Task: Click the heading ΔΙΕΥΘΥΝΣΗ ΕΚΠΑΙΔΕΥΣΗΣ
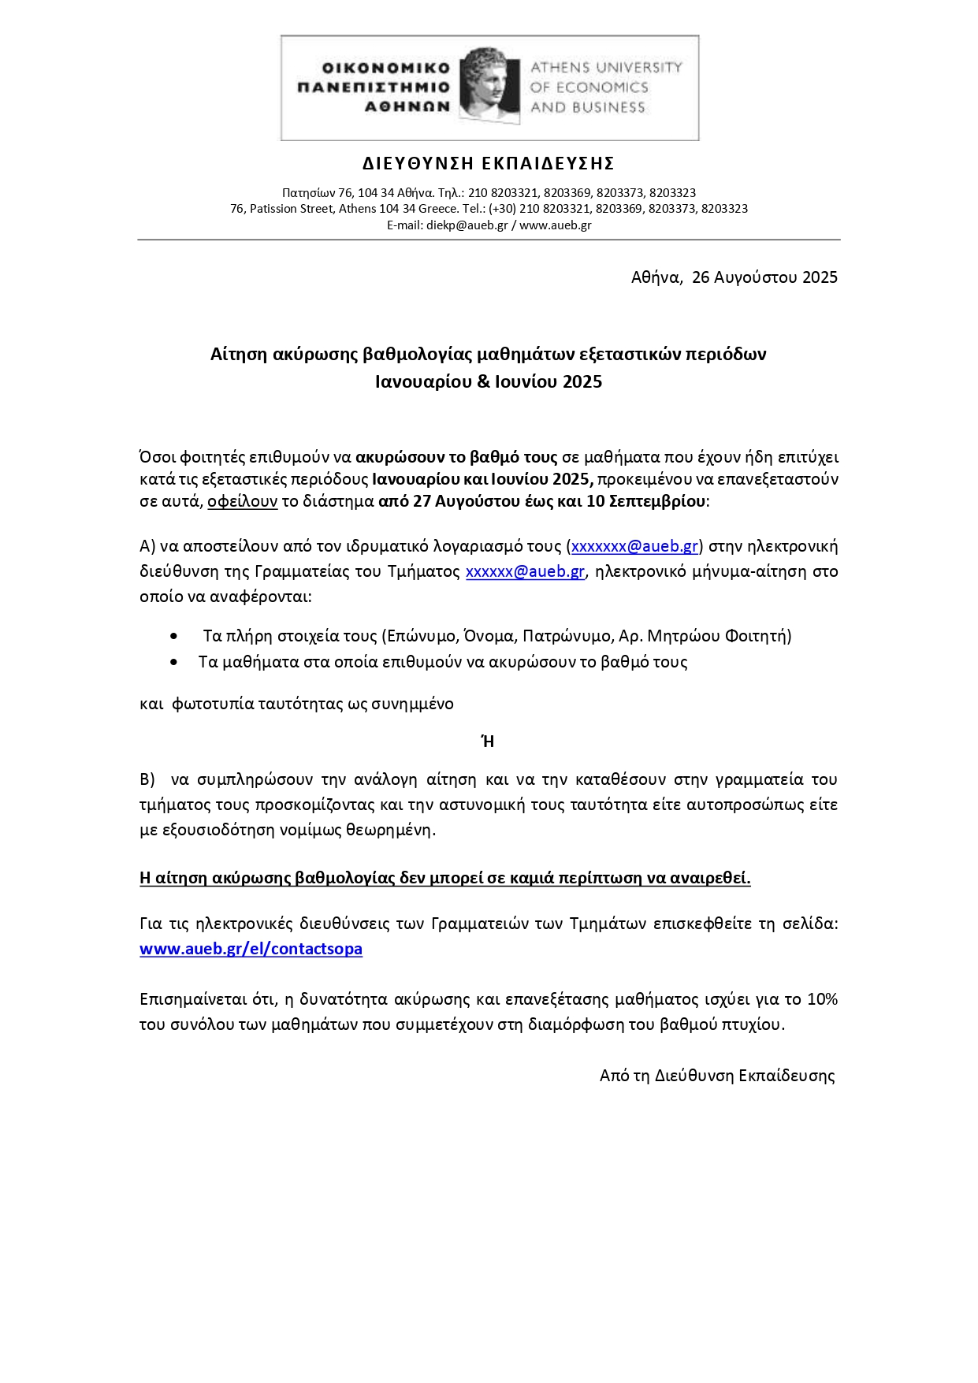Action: coord(489,164)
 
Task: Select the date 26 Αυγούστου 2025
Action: coord(764,277)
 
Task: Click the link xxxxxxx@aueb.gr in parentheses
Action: coord(634,546)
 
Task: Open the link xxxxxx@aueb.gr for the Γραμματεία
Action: coord(525,571)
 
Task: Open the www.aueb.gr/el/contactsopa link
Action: coord(251,949)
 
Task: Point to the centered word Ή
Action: coord(488,742)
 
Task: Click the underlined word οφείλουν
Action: coord(243,501)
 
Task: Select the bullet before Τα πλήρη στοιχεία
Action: coord(174,636)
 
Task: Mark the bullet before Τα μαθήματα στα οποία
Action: coord(174,662)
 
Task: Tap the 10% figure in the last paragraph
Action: coord(822,999)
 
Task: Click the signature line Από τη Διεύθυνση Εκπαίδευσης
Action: coord(717,1076)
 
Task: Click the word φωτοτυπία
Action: coord(213,704)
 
